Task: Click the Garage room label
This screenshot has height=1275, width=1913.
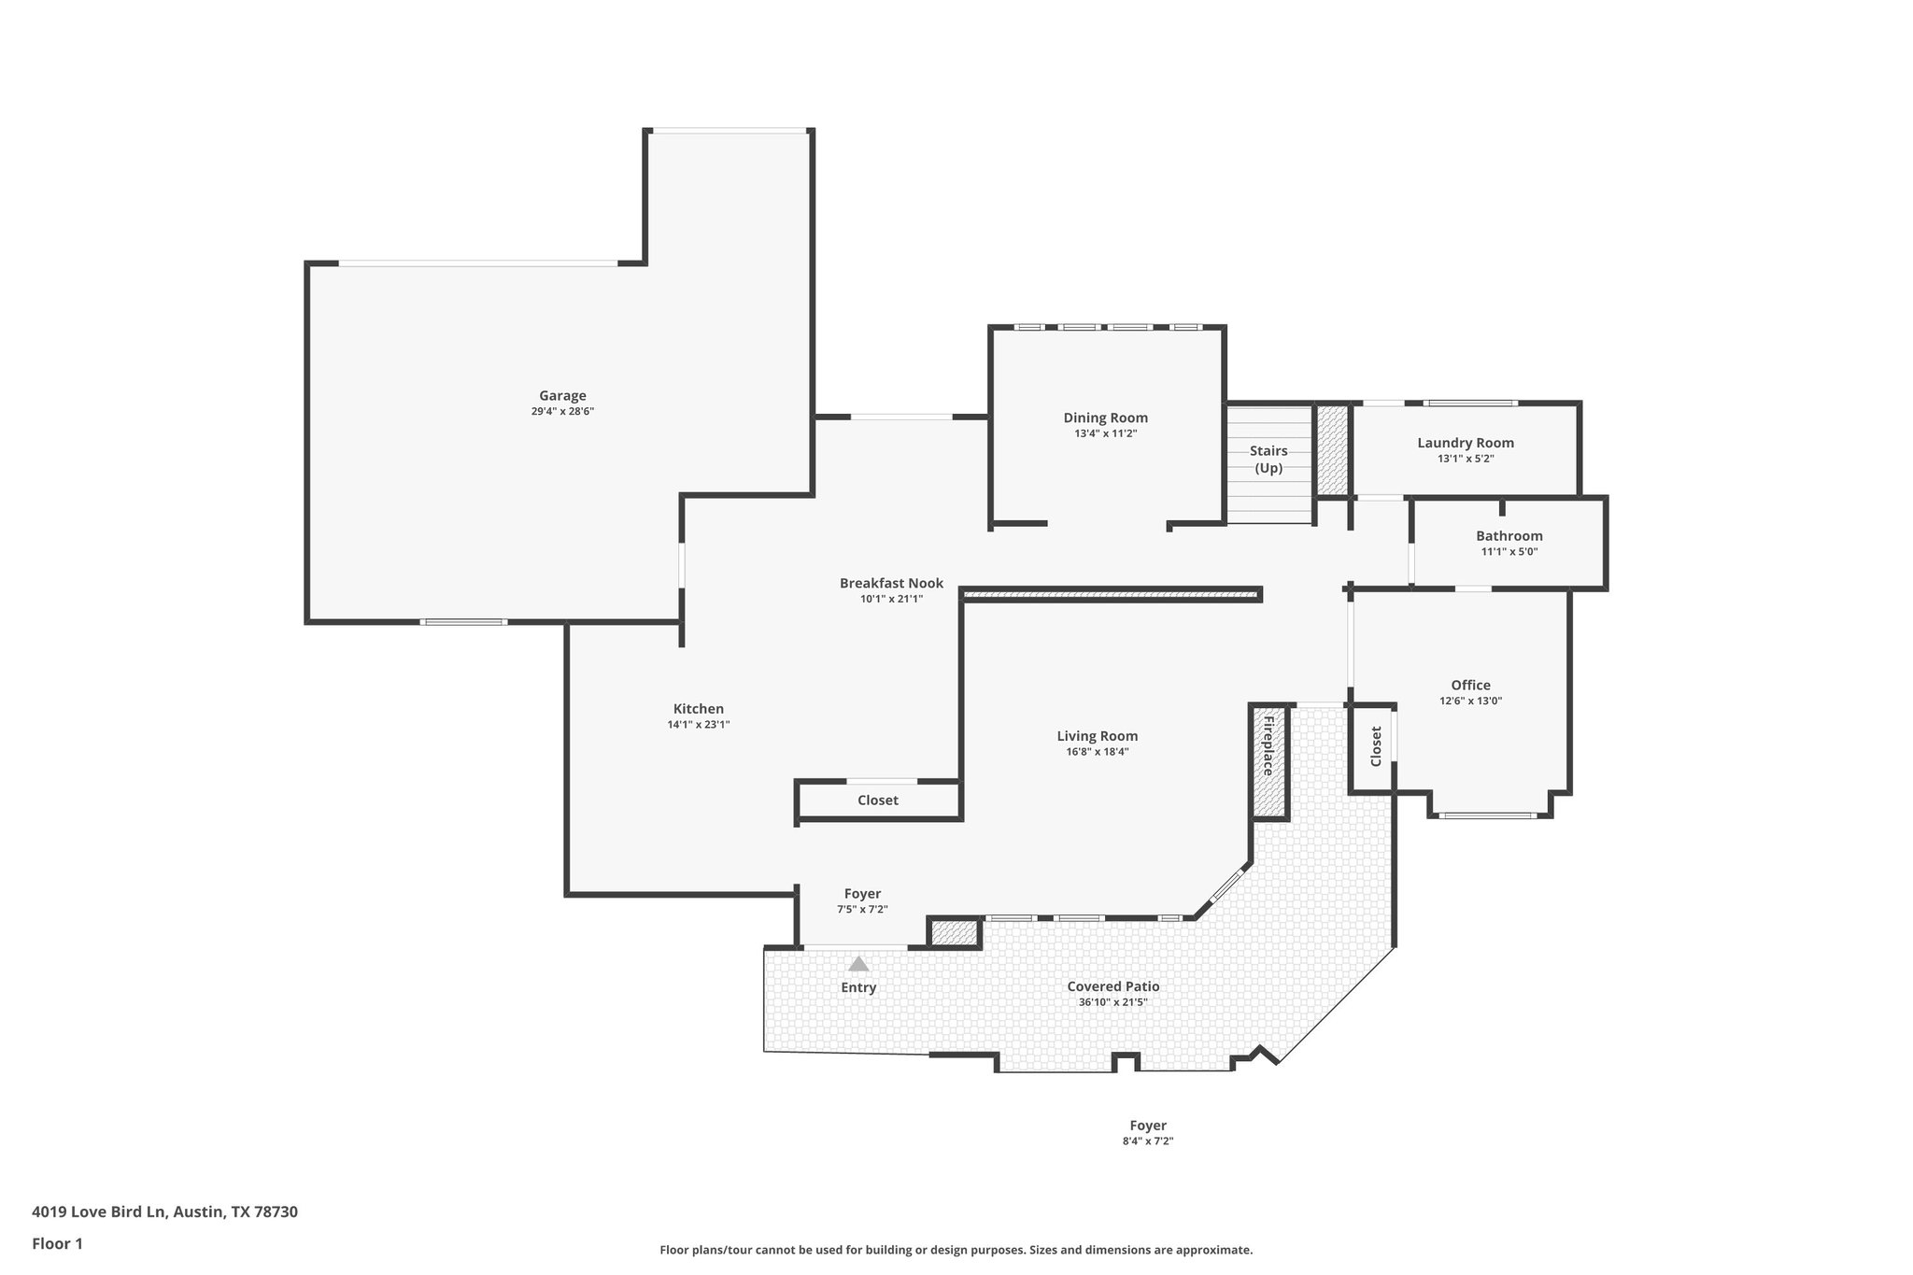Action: [x=562, y=395]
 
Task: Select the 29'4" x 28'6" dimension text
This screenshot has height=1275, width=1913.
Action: [x=562, y=411]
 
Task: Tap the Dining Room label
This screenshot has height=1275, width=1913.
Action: [x=1105, y=418]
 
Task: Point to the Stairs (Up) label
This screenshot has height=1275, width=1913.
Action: [x=1268, y=460]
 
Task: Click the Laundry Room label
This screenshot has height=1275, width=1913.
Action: [x=1465, y=443]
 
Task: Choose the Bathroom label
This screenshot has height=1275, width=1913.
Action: [x=1509, y=535]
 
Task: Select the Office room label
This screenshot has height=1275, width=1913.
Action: [x=1470, y=685]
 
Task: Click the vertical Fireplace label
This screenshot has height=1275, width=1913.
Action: [x=1268, y=746]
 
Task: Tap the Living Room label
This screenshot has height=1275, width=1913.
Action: [x=1097, y=735]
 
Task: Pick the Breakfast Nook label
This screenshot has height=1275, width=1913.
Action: [x=891, y=583]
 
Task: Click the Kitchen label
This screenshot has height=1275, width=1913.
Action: [x=698, y=708]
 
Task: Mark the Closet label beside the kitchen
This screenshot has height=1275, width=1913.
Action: [x=877, y=800]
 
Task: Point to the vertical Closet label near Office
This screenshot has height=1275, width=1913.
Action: [x=1375, y=746]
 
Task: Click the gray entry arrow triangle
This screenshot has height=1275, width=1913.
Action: [x=858, y=964]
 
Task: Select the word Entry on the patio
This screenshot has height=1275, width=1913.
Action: [x=858, y=987]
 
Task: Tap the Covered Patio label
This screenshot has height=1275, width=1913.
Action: [x=1112, y=985]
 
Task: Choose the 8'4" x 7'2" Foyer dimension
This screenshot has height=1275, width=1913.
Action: [x=1147, y=1140]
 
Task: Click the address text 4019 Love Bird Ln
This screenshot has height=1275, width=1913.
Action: [x=99, y=1211]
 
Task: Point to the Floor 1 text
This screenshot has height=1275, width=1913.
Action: [x=57, y=1243]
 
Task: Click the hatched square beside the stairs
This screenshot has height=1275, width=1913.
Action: [x=1332, y=450]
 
